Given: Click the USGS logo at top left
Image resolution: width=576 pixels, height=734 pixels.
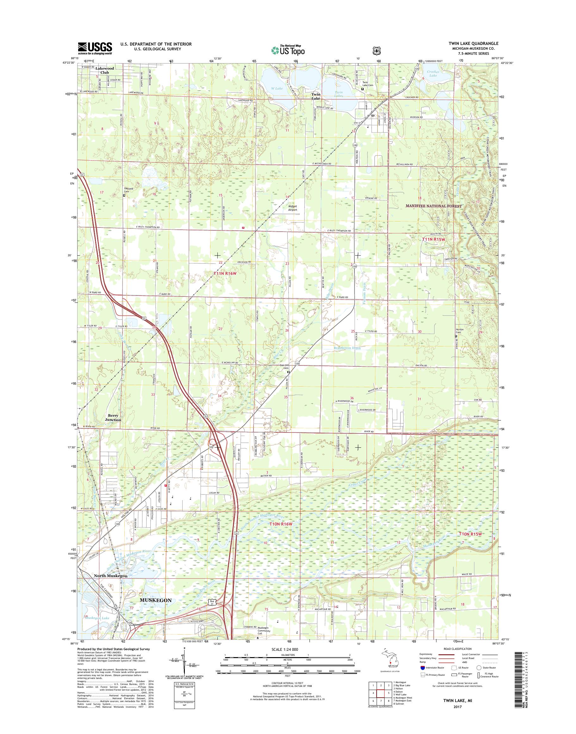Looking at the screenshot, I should pos(95,48).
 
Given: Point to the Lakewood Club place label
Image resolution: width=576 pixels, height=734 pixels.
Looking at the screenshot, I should pos(104,70).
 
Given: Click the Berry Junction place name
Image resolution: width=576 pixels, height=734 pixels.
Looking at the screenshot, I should pos(113,418).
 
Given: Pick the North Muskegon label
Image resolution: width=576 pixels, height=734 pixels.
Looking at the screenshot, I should pos(111,576).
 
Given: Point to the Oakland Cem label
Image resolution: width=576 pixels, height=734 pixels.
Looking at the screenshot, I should pos(128,190).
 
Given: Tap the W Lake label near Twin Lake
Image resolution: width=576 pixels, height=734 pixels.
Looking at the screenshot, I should pos(277,88).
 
